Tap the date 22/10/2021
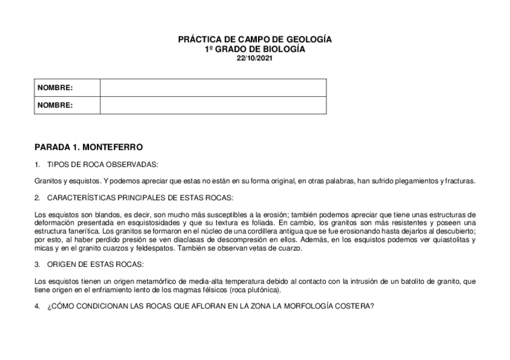click(254, 58)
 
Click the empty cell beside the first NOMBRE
click(213, 88)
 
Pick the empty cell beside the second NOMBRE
click(213, 105)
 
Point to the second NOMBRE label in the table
click(55, 105)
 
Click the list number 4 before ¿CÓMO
click(37, 306)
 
